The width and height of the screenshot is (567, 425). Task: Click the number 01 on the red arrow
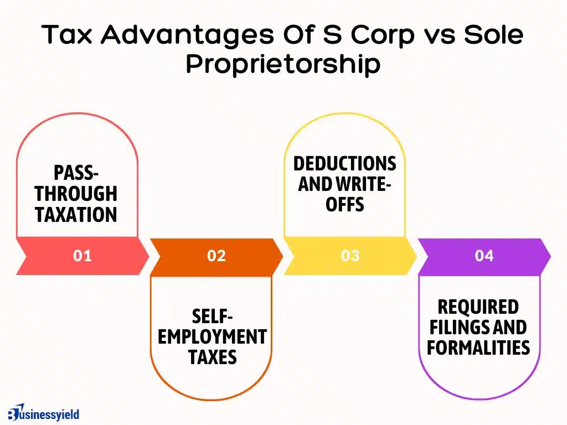(82, 256)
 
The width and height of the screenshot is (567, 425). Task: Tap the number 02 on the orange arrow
(217, 256)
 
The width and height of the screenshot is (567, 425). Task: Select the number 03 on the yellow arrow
(350, 256)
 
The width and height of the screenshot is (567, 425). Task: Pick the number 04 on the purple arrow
(484, 256)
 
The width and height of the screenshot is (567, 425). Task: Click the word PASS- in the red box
(76, 173)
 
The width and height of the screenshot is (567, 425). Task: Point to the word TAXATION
(76, 215)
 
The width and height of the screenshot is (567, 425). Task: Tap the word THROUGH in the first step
(76, 194)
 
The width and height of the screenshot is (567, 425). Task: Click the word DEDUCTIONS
(344, 163)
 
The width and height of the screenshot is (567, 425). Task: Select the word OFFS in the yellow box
(344, 205)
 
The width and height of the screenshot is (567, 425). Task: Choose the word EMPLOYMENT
(212, 337)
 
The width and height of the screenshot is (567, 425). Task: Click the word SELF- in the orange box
(212, 317)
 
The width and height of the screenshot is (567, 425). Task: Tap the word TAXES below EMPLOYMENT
(212, 357)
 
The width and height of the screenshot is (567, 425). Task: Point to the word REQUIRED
(478, 307)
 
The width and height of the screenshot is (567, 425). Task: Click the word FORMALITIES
(478, 348)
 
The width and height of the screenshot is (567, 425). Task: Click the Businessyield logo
(43, 413)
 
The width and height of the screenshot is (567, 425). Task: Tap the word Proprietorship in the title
(283, 64)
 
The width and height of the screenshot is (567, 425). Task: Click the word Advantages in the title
(187, 35)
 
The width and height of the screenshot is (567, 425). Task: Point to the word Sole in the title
(493, 34)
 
